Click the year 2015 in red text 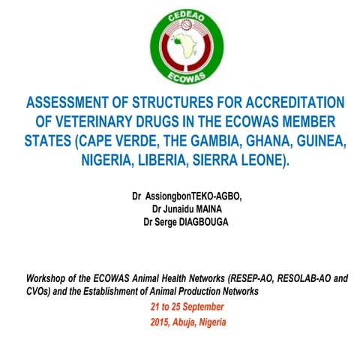click(x=161, y=322)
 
